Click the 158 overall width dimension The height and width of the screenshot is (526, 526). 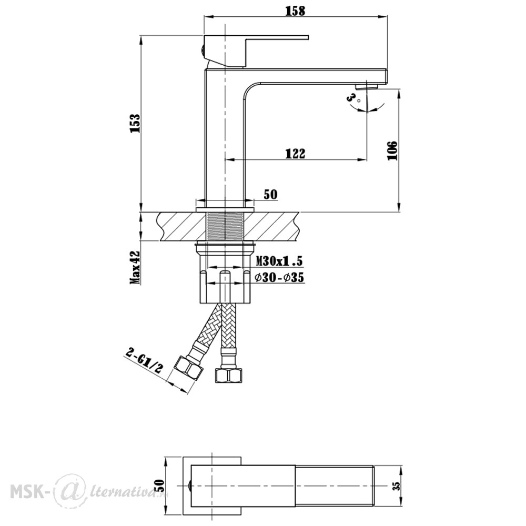tap(295, 11)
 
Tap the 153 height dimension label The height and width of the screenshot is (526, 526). tap(135, 124)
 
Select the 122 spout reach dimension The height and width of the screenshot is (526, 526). tap(295, 153)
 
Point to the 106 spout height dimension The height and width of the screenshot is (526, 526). tap(392, 150)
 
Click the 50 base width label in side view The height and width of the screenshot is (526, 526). tap(271, 195)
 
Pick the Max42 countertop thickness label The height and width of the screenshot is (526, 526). tap(135, 267)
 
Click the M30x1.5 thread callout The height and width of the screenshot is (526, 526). tap(279, 260)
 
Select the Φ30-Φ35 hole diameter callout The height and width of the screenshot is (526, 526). tap(279, 277)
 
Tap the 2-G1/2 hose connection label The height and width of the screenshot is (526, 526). tap(144, 361)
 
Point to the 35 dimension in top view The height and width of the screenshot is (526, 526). tap(397, 485)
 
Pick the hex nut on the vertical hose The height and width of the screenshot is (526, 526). tap(228, 376)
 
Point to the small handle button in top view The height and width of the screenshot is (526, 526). tap(189, 485)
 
